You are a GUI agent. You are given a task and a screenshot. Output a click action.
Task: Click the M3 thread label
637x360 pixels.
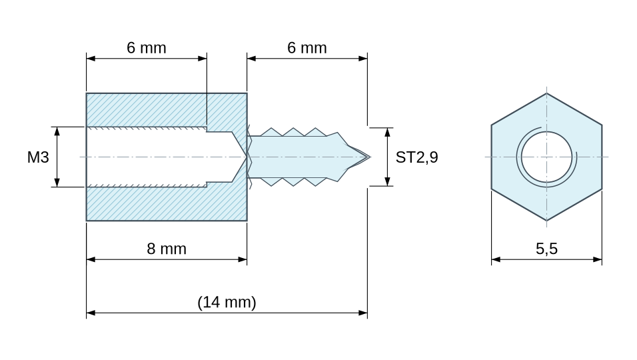coord(38,157)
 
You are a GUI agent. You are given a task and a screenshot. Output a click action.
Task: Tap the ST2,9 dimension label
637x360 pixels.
coord(417,157)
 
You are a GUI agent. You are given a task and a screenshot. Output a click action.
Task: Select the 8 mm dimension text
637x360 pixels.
coord(167,249)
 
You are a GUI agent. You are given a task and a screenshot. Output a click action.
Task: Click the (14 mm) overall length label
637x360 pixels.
coord(227,302)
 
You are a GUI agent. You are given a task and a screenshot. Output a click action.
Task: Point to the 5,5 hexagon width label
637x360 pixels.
coord(546,249)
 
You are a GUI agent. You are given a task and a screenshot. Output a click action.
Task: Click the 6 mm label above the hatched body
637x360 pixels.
coord(146,48)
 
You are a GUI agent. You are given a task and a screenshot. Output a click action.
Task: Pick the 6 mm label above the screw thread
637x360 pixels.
coord(307,48)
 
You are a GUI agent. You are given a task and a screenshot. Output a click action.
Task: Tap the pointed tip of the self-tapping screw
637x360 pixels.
coord(370,157)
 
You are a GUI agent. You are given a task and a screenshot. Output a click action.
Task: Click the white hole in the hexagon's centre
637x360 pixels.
coord(546,157)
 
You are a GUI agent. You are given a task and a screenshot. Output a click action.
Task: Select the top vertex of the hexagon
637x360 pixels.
coord(546,93)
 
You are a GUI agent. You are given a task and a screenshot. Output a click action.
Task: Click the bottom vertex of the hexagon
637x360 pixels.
coord(546,221)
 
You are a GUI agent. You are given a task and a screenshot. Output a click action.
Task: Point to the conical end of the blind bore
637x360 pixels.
coord(239,157)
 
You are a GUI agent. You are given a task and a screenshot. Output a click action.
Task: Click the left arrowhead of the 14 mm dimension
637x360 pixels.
coord(91,313)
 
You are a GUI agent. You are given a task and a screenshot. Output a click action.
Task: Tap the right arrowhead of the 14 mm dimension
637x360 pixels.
coord(363,313)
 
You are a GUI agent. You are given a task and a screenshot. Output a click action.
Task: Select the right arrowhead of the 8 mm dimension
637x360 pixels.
coord(243,259)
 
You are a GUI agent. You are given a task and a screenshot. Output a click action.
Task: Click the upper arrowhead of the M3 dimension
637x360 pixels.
coord(57,131)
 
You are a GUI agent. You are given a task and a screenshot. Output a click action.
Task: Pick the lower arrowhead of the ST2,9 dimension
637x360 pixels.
coord(387,181)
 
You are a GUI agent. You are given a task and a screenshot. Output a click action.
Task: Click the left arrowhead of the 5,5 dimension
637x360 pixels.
coord(496,259)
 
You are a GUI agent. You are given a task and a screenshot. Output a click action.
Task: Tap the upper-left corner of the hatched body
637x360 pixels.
coord(87,93)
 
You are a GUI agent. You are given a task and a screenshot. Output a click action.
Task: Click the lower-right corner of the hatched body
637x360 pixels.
coord(247,221)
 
